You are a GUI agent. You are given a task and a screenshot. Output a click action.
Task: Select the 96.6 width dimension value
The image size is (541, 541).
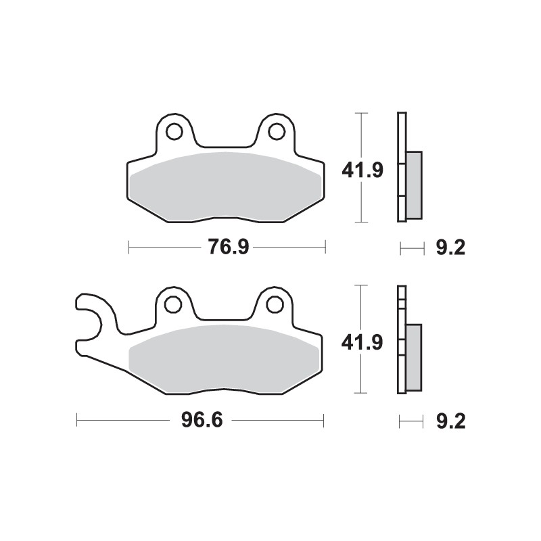[x=201, y=421]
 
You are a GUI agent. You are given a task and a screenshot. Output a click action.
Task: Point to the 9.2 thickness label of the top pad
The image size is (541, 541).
[x=450, y=248]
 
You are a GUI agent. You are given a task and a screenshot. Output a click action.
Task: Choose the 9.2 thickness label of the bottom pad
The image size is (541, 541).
[x=450, y=421]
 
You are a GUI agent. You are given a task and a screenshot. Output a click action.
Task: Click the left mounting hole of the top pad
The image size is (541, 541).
[x=174, y=131]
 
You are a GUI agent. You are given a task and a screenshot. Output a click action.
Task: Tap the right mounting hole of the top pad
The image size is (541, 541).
[x=276, y=131]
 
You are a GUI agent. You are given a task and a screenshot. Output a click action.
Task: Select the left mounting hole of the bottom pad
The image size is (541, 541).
[x=173, y=304]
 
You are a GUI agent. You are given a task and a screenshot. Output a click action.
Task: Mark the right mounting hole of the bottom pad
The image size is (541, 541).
[x=275, y=304]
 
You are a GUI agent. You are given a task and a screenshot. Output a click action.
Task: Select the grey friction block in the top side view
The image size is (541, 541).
[x=413, y=185]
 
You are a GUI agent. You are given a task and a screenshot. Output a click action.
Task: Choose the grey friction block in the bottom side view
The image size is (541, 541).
[x=413, y=357]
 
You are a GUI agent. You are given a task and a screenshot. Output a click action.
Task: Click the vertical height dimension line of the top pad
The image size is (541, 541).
[x=363, y=203]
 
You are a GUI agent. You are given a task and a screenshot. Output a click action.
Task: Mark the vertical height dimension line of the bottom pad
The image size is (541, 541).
[x=363, y=375]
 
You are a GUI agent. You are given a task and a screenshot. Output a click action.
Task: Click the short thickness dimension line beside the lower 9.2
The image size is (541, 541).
[x=410, y=421]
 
